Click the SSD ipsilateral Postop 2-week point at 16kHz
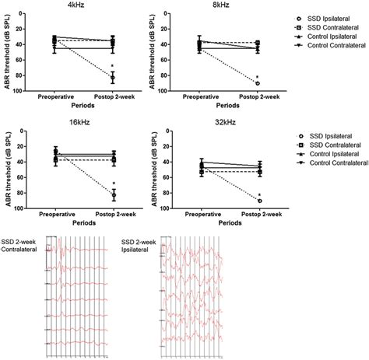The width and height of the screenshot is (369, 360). [x=114, y=195]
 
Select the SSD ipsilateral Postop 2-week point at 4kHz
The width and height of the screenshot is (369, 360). [x=114, y=78]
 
